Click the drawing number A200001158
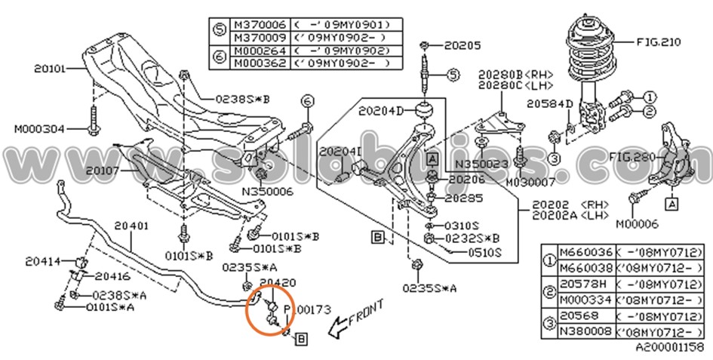point(668,347)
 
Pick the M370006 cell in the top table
point(255,24)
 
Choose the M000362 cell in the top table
point(255,63)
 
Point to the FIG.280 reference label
point(635,157)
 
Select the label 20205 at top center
point(461,45)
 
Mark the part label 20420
point(277,282)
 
